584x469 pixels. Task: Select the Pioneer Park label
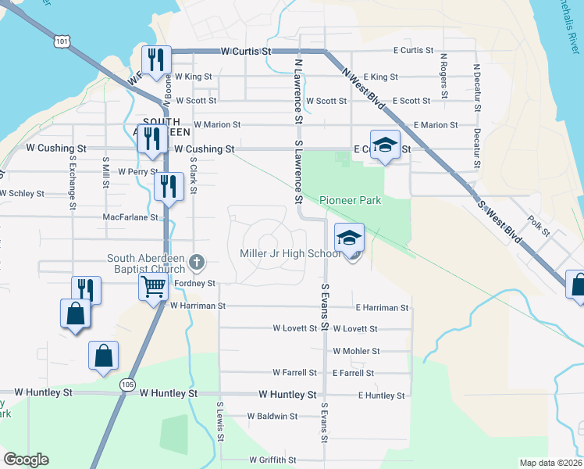[350, 201]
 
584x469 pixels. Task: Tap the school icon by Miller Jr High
[349, 238]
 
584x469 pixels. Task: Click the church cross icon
[196, 262]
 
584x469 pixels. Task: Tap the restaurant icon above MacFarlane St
[168, 186]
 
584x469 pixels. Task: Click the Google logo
[26, 460]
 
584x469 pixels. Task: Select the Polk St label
[539, 227]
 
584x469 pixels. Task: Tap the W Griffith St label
[272, 460]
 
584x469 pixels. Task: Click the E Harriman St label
[382, 308]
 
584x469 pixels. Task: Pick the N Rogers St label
[443, 76]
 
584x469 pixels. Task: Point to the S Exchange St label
[72, 184]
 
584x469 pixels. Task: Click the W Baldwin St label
[272, 417]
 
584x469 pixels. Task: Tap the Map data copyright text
[550, 463]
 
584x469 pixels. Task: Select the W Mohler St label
[356, 352]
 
